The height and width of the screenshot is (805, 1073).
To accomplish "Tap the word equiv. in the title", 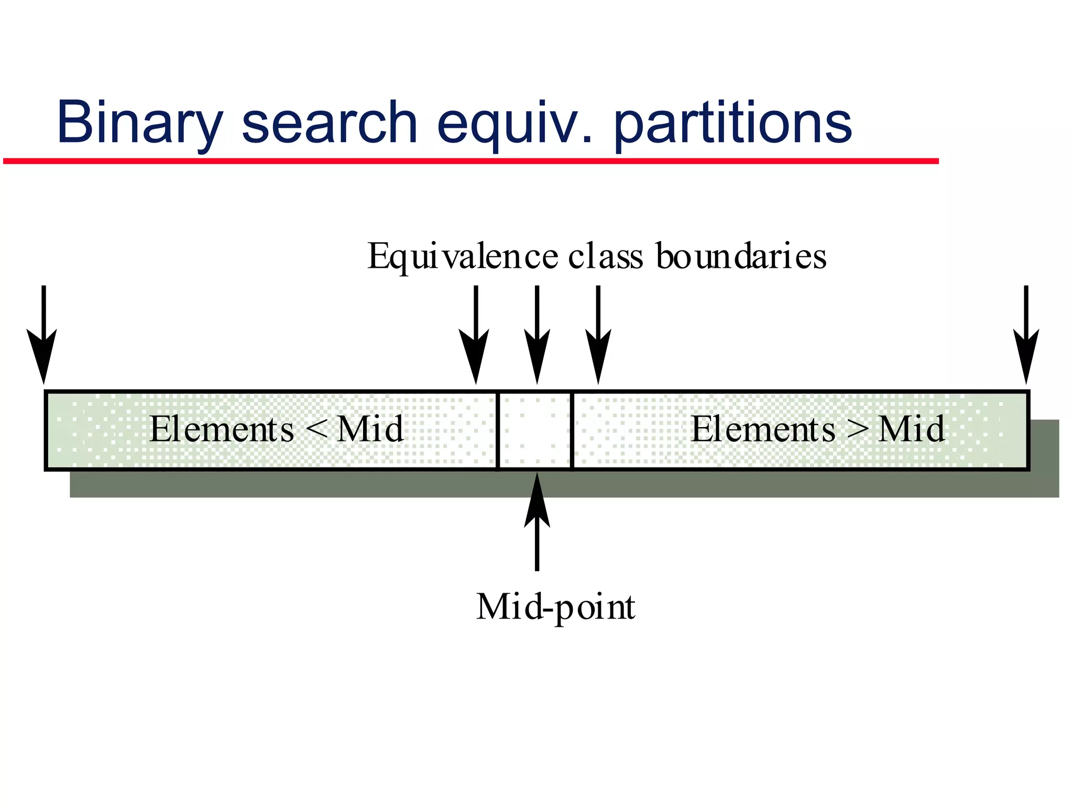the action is pos(516,124).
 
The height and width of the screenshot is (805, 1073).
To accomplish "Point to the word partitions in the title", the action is pos(732,123).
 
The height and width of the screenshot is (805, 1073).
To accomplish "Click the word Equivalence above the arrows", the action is pos(463,257).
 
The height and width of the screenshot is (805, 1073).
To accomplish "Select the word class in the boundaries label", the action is pos(605,256).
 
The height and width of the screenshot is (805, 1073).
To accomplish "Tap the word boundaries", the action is pos(741,256).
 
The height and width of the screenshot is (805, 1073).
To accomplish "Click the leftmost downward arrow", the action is pos(43,335).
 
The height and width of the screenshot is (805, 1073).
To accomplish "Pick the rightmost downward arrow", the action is pos(1026,335).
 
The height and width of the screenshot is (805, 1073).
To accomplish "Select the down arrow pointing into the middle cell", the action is pos(536,335).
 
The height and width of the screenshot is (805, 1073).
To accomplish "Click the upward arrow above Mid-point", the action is pos(536,521).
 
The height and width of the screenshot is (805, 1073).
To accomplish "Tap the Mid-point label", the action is pos(555,607).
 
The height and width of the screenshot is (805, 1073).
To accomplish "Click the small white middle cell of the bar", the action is pos(534,430).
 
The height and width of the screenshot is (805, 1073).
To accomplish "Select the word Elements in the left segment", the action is pos(222,429).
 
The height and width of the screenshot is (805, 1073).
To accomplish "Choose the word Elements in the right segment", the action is pos(763,429).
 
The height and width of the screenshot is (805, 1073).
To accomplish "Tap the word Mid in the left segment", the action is pos(370,429).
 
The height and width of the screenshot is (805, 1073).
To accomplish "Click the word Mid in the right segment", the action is pos(912,429).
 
